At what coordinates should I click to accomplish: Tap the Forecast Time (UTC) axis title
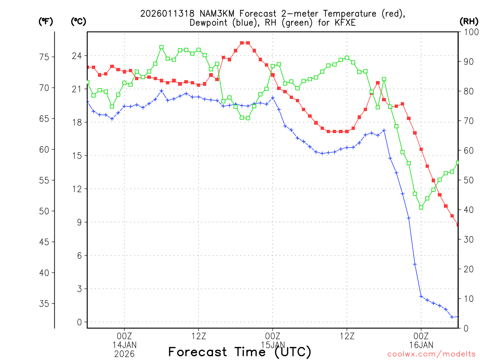tap(240, 352)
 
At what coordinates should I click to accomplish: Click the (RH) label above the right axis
tap(468, 21)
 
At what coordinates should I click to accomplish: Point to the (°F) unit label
tap(45, 21)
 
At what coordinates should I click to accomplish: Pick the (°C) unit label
tap(78, 21)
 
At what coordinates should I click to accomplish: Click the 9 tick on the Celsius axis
tap(79, 222)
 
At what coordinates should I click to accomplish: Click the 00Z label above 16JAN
tap(421, 336)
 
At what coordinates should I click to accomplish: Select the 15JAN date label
tap(272, 345)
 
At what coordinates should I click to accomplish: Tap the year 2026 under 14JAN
tap(124, 353)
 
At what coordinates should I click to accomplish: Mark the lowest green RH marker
tap(421, 207)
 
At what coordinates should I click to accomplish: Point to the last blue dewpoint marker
tap(458, 316)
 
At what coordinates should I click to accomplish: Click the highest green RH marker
tap(161, 47)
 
